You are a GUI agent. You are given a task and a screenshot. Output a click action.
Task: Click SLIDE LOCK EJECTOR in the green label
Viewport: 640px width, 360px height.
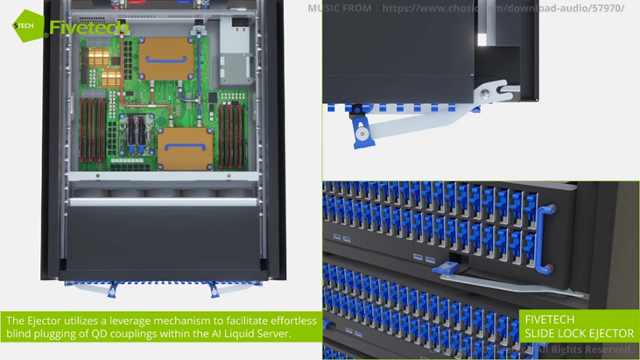(579, 334)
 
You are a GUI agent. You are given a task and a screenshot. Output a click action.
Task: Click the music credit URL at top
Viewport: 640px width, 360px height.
(503, 8)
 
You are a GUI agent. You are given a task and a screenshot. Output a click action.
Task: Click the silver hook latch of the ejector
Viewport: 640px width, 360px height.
(491, 89)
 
